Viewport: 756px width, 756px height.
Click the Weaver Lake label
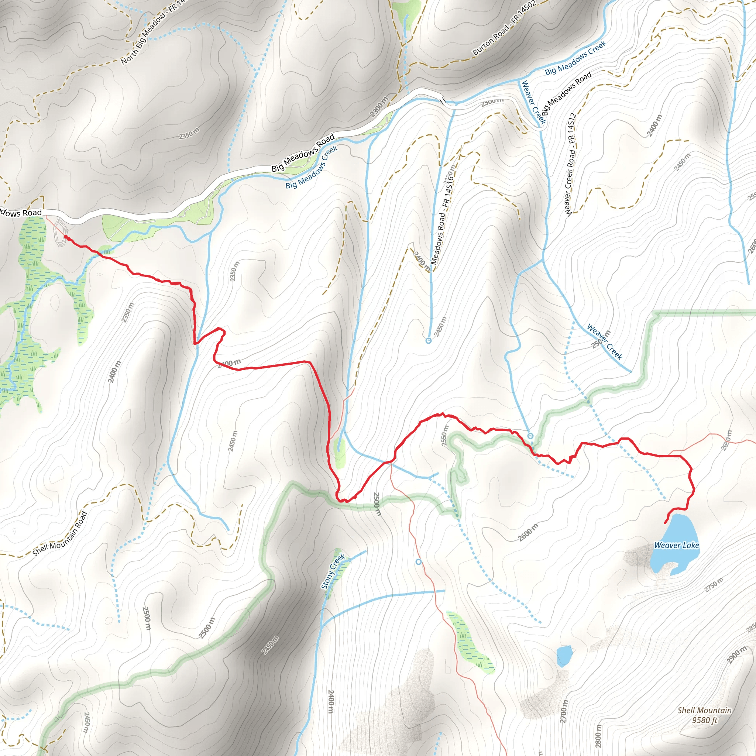(676, 545)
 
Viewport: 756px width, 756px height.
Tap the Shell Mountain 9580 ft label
(704, 715)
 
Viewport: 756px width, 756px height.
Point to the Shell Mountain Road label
(59, 534)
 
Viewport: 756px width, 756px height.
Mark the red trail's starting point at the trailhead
(65, 237)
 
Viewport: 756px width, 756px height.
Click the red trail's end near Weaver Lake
(666, 523)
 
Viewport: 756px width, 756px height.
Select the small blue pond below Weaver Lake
(564, 656)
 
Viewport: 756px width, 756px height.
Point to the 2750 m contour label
(714, 585)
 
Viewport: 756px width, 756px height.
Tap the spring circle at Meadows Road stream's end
(429, 340)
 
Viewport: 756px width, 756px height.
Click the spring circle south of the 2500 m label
(419, 562)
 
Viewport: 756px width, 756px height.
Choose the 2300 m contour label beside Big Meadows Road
(378, 106)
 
